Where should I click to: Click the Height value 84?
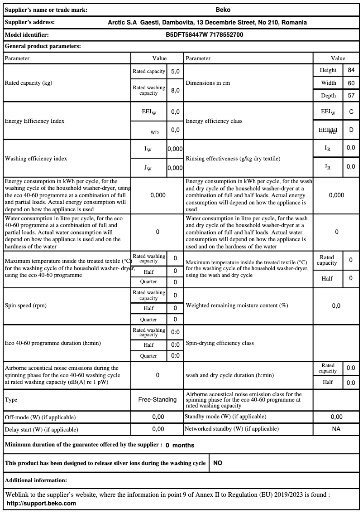(x=351, y=70)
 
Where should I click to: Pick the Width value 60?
(x=351, y=83)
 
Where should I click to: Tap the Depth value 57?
(x=351, y=96)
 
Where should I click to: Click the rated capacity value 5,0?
(x=175, y=72)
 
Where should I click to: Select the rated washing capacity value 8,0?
(x=175, y=90)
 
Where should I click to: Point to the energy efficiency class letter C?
(x=351, y=112)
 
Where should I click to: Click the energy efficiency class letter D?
(x=351, y=130)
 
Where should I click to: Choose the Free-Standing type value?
(x=158, y=399)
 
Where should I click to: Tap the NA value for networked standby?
(x=336, y=429)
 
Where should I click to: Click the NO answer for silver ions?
(x=218, y=463)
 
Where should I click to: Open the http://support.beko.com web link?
(x=41, y=503)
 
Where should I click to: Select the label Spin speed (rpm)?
(x=26, y=305)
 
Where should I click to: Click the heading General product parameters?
(x=43, y=46)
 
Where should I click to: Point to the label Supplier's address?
(x=30, y=22)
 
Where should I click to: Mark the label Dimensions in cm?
(x=208, y=83)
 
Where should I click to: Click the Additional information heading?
(x=36, y=480)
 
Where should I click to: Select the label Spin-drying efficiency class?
(x=220, y=343)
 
